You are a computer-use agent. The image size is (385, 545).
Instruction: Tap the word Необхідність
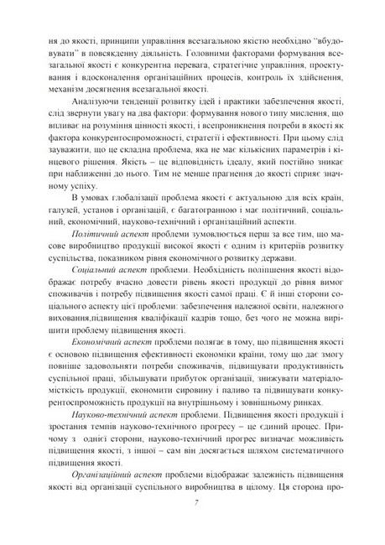coord(190,274)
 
